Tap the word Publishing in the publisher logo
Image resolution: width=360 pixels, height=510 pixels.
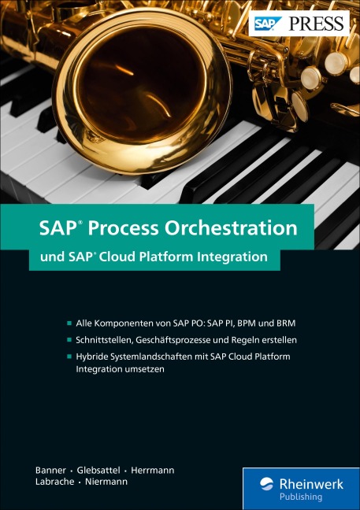click(x=301, y=497)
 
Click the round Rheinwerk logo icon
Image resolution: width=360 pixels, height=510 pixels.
click(x=265, y=487)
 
